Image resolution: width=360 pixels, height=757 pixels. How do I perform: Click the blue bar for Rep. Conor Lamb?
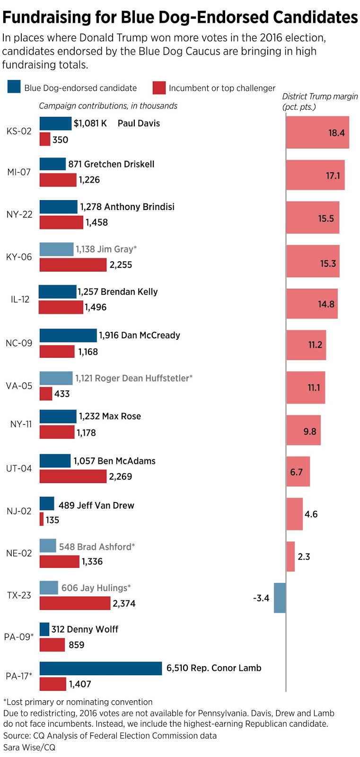(100, 668)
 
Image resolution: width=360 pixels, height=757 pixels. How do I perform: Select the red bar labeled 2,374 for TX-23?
(75, 603)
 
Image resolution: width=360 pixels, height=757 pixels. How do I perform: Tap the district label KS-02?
(19, 131)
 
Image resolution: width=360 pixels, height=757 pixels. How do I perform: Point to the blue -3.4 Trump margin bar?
(280, 598)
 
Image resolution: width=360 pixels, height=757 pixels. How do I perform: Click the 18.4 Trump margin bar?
(317, 132)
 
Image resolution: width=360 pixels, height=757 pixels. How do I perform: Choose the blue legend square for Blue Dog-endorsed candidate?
(14, 88)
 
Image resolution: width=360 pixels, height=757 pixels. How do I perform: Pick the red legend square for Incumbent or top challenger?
(159, 88)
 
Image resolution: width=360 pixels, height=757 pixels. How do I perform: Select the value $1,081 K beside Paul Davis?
(90, 123)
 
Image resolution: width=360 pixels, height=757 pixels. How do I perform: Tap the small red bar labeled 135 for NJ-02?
(42, 519)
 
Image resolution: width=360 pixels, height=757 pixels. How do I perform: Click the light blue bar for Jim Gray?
(56, 249)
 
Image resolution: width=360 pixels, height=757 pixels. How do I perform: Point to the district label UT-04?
(19, 468)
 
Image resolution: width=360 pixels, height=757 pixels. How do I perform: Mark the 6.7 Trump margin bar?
(298, 472)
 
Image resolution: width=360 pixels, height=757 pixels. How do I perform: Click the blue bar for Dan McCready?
(68, 335)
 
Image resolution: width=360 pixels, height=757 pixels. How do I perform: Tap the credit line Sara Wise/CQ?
(29, 747)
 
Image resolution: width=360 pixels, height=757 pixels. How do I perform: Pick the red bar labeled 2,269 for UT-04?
(73, 476)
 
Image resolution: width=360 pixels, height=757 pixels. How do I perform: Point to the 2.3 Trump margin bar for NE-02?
(290, 556)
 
